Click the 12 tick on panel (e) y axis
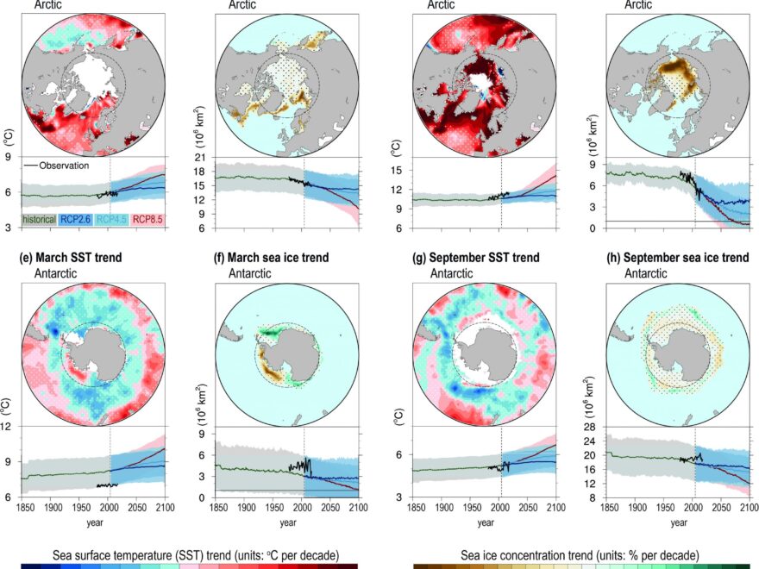(8, 427)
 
